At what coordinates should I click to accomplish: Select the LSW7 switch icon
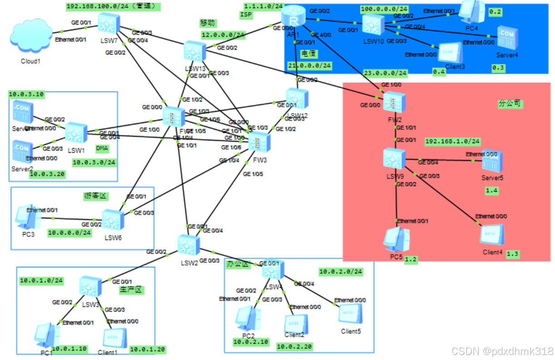[109, 23]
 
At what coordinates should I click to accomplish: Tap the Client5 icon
[350, 315]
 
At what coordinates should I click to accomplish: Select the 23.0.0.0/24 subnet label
[385, 73]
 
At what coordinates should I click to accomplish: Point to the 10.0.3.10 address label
[26, 94]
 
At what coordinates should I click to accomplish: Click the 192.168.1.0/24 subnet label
[452, 141]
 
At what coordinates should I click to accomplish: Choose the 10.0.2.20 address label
[294, 346]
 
